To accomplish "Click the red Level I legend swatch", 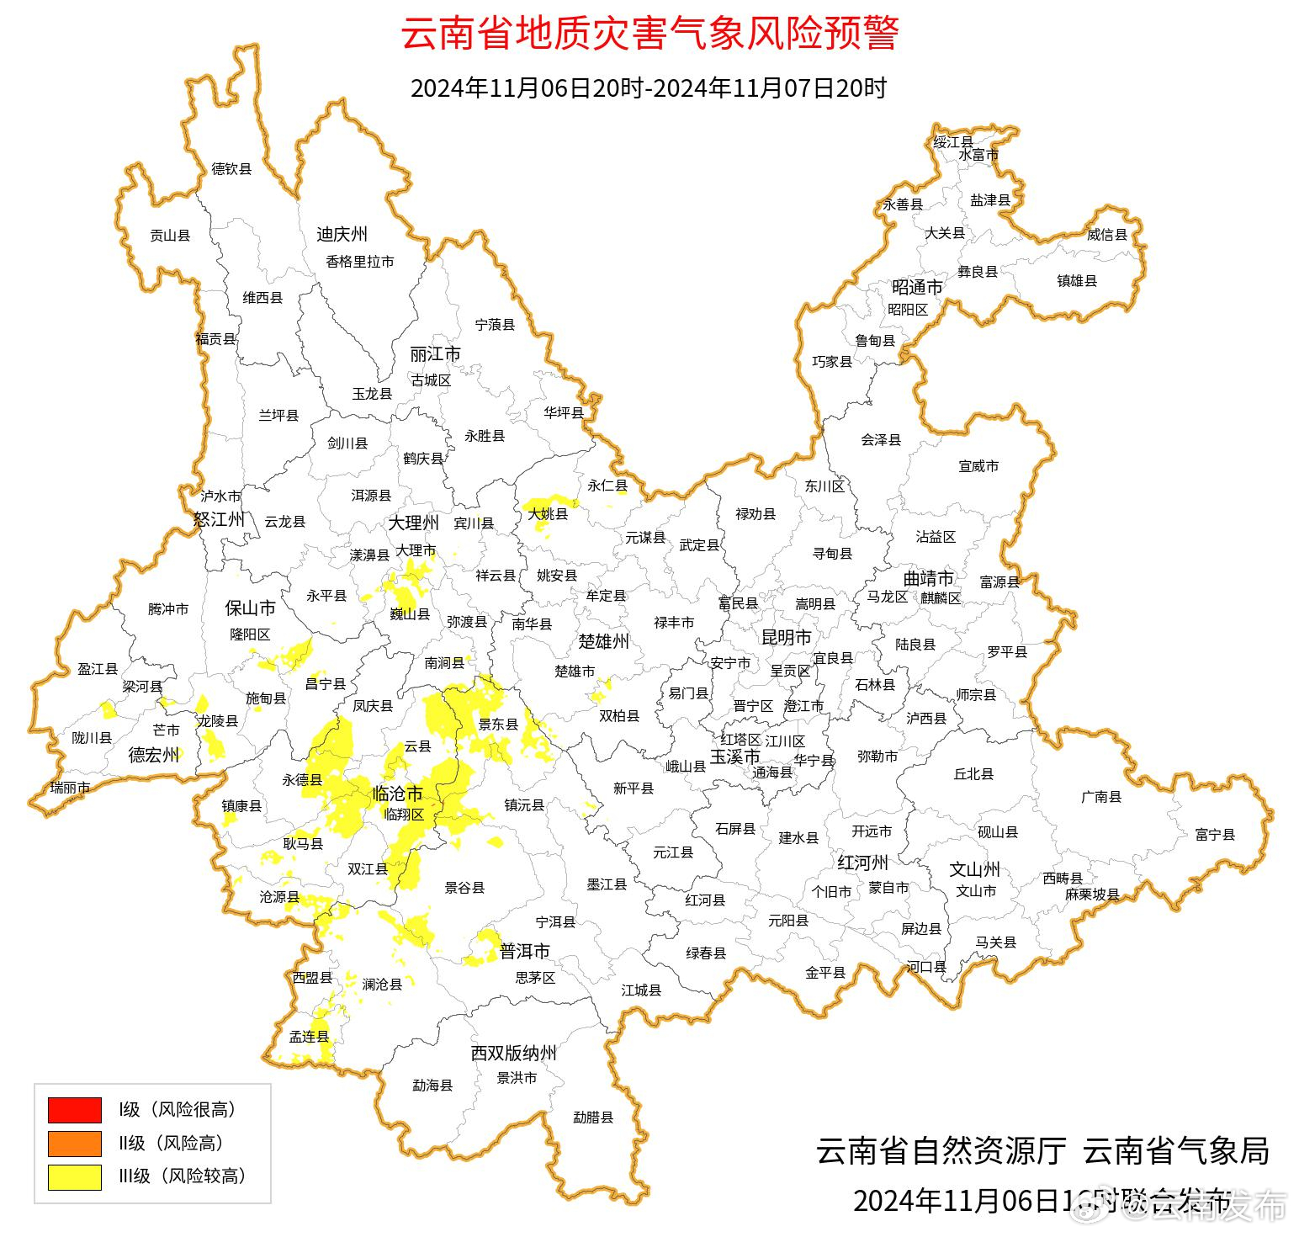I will pos(74,1109).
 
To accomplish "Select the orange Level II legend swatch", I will pos(74,1143).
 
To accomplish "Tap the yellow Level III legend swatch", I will pos(74,1176).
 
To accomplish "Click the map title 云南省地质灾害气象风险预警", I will pos(649,35).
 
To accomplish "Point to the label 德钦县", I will pos(231,169).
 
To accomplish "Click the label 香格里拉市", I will pos(360,262).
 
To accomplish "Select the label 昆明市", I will pos(786,637).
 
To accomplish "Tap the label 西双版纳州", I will pos(513,1054).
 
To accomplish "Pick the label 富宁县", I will pos(1215,835).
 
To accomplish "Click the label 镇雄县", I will pos(1077,281).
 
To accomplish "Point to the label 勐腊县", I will pos(593,1118).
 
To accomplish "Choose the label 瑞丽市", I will pos(70,788).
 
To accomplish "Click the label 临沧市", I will pos(397,794).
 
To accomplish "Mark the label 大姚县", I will pos(548,512).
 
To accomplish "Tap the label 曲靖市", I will pos(928,579).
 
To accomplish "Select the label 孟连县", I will pos(309,1037).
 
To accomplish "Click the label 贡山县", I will pos(170,236).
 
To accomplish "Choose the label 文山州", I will pos(974,869).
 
